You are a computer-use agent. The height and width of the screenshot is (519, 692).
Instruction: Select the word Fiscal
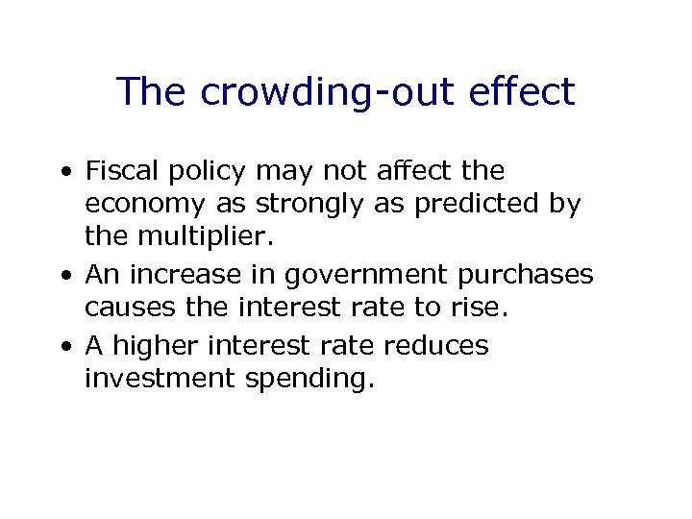(119, 171)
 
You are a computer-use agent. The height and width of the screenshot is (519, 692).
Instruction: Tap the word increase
(177, 275)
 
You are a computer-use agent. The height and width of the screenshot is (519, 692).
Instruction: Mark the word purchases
(526, 276)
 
